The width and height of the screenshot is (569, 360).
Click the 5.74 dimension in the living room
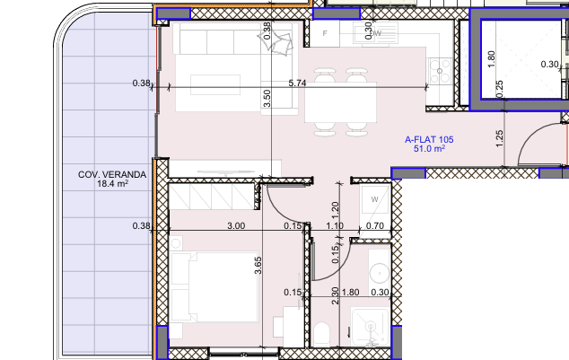coord(298,83)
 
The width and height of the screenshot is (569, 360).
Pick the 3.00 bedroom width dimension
coord(235,224)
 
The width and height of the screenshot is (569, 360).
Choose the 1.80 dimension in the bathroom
coord(352,292)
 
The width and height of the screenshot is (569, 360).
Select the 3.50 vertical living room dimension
coord(267,98)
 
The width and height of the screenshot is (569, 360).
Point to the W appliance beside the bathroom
coord(373,199)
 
